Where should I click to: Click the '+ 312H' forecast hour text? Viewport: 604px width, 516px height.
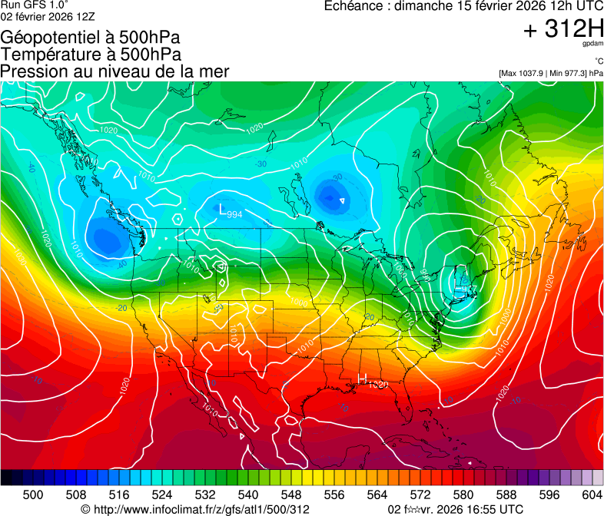click(564, 29)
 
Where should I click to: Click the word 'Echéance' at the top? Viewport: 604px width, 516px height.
click(356, 6)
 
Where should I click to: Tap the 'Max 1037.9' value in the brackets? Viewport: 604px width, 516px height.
click(526, 73)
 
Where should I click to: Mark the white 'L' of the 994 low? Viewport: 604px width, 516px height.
click(223, 210)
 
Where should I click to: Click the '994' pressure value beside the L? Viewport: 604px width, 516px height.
click(235, 214)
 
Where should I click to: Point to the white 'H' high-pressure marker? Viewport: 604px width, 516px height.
click(363, 379)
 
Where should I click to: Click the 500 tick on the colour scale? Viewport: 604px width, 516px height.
click(33, 495)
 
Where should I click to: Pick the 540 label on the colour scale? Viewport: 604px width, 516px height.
click(248, 495)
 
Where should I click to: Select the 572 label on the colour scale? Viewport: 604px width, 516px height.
click(420, 495)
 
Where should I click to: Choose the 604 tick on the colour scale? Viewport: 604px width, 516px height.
click(592, 495)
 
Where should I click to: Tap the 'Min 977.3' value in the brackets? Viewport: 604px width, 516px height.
click(569, 73)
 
